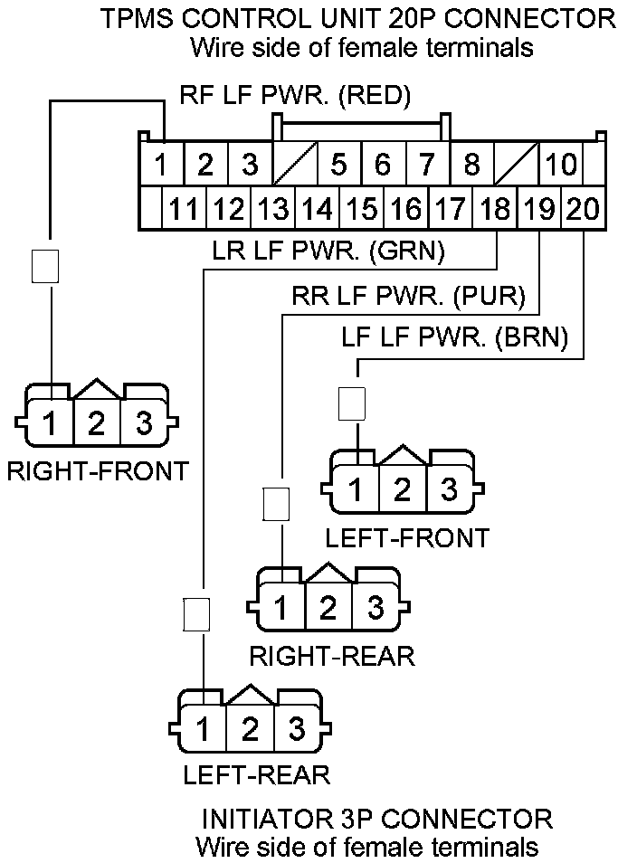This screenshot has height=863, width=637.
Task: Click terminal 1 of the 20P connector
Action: tap(161, 166)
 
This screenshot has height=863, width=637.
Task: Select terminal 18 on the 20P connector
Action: tap(495, 210)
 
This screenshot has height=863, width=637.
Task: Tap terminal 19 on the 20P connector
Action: tap(539, 210)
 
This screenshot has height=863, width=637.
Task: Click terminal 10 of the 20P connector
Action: tap(561, 166)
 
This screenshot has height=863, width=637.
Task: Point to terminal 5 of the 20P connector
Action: tap(338, 166)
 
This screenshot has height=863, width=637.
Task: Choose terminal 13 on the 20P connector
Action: tap(273, 210)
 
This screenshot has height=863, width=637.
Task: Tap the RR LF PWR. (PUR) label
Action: tap(414, 295)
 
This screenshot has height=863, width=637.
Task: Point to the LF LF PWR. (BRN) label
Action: tap(455, 337)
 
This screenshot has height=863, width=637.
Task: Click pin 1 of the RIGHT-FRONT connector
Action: tap(52, 423)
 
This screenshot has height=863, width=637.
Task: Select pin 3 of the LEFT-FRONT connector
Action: tap(447, 489)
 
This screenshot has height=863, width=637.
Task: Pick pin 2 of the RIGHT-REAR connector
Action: tap(328, 607)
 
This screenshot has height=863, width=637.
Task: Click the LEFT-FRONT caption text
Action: tap(407, 537)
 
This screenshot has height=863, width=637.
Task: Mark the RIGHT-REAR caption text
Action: tap(332, 655)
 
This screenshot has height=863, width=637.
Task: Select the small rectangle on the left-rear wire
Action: tap(196, 615)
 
